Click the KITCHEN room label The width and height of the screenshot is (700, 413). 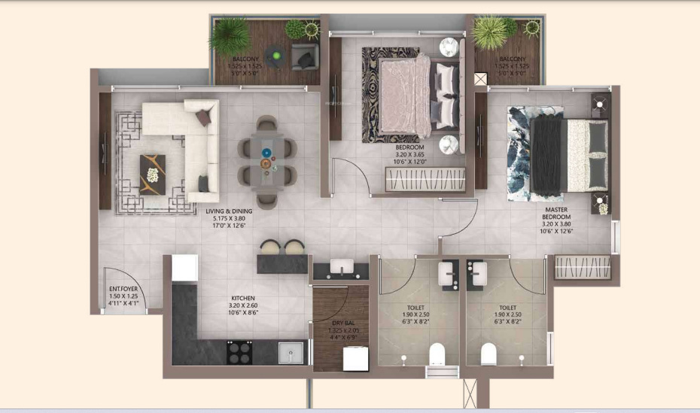click(x=242, y=298)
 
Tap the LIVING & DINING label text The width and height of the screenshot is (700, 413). click(x=233, y=211)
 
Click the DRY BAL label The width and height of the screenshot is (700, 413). click(x=342, y=321)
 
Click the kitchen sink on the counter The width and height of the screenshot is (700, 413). click(x=290, y=352)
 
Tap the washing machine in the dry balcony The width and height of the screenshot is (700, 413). click(x=355, y=359)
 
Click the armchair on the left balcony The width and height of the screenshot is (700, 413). click(x=304, y=56)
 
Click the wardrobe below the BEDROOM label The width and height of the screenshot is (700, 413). click(x=425, y=180)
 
